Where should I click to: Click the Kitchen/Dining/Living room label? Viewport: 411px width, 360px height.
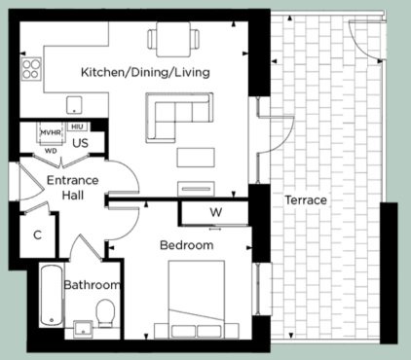click(x=145, y=72)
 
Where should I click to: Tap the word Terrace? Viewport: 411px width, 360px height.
click(x=306, y=199)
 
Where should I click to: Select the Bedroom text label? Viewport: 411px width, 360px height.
click(x=187, y=245)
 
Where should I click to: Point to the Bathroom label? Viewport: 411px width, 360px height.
click(x=92, y=285)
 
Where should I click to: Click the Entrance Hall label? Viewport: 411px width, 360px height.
click(x=73, y=188)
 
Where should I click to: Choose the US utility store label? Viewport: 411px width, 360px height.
click(x=80, y=143)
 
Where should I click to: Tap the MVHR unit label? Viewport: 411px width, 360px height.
click(x=51, y=132)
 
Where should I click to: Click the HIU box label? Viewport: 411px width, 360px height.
click(x=77, y=126)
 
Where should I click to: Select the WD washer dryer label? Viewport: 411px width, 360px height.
click(x=51, y=151)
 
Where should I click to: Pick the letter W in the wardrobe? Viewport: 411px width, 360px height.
click(x=216, y=212)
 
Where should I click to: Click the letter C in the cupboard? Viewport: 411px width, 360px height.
click(x=38, y=234)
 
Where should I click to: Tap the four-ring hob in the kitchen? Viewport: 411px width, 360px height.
click(x=31, y=68)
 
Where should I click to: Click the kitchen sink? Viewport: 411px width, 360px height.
click(x=74, y=105)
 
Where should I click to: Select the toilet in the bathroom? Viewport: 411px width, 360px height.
click(x=105, y=312)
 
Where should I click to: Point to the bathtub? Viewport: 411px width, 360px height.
click(x=52, y=296)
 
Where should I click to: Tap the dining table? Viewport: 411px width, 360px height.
click(x=173, y=39)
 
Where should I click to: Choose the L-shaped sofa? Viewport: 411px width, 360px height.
click(x=179, y=118)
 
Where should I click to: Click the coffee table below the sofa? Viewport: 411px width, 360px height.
click(x=196, y=158)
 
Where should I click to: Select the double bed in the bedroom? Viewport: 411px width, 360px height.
click(x=197, y=300)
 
